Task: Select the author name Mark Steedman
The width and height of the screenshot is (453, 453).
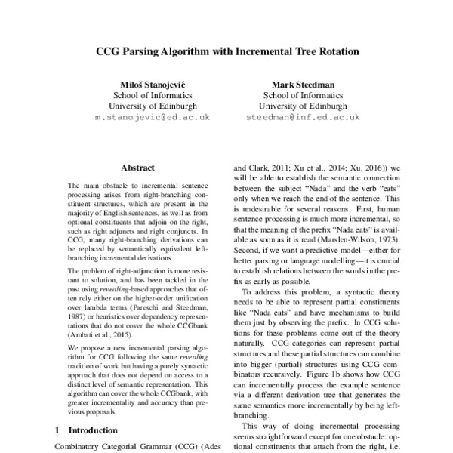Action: coord(302,84)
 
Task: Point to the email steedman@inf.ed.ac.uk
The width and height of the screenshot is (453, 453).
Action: coord(302,119)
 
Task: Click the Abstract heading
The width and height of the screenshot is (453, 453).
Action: coord(137,167)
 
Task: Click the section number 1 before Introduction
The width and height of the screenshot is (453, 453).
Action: coord(58,430)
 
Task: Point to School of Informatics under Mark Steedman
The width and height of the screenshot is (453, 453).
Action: coord(302,95)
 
